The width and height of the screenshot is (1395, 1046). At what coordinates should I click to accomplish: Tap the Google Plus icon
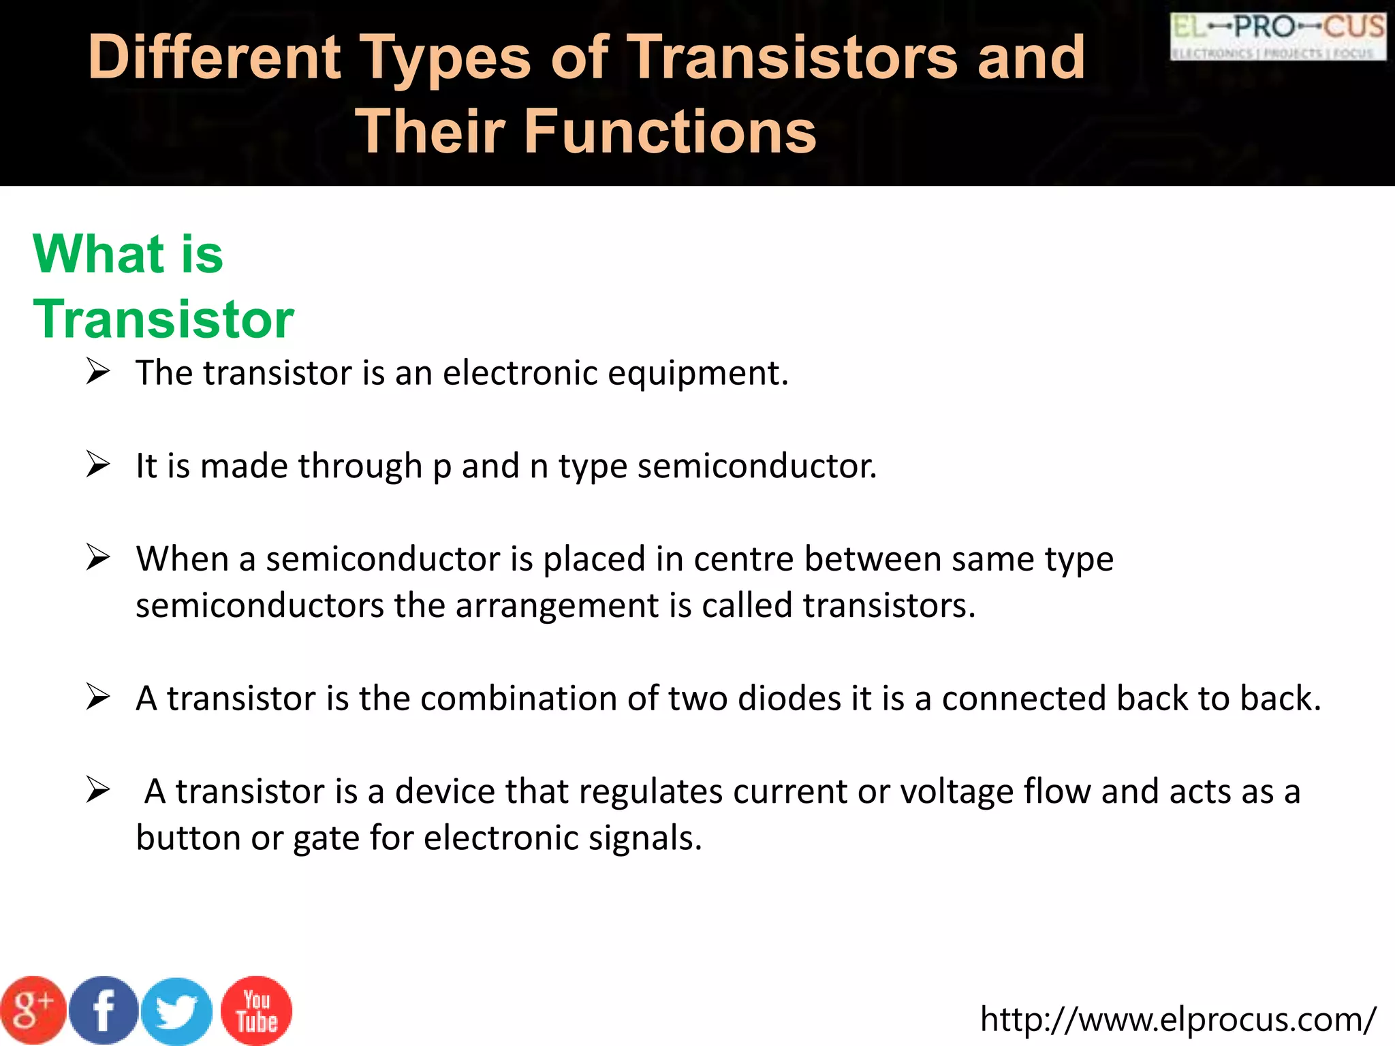point(33,1011)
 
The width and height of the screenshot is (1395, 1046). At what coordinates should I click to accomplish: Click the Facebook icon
point(104,1011)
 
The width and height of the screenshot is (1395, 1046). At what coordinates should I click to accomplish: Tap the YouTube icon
point(257,1011)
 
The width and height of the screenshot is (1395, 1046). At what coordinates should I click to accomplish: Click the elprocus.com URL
point(1178,1019)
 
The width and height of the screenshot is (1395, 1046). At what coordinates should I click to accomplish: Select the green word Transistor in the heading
point(163,319)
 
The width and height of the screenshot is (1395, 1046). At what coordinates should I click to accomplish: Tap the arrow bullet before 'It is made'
point(98,465)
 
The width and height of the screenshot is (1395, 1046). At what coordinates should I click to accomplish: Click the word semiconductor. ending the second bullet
point(757,466)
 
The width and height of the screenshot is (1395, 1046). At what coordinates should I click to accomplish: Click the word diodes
point(789,699)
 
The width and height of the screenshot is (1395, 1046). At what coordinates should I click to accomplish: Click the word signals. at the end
point(645,838)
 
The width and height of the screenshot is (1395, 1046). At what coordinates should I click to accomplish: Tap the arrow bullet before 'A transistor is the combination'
point(98,697)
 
